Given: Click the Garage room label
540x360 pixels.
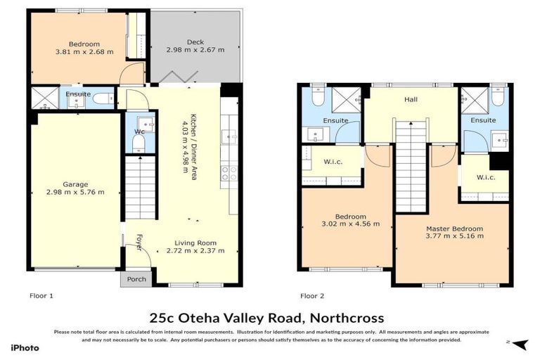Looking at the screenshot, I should click(75, 184).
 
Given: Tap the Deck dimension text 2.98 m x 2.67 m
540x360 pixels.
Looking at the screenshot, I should click(195, 50).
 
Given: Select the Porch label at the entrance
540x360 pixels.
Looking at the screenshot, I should click(137, 279).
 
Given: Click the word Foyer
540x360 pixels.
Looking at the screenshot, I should click(139, 242).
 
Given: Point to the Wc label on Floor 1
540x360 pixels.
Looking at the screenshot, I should click(139, 131).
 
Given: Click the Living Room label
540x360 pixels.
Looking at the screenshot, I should click(195, 243).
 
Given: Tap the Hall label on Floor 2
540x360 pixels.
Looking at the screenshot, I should click(411, 100).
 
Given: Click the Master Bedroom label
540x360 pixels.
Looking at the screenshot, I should click(454, 229).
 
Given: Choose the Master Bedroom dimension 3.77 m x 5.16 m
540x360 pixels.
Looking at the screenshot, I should click(454, 237).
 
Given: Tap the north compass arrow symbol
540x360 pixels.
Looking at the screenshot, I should click(520, 344).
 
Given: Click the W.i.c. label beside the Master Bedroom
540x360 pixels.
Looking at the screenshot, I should click(485, 177).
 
